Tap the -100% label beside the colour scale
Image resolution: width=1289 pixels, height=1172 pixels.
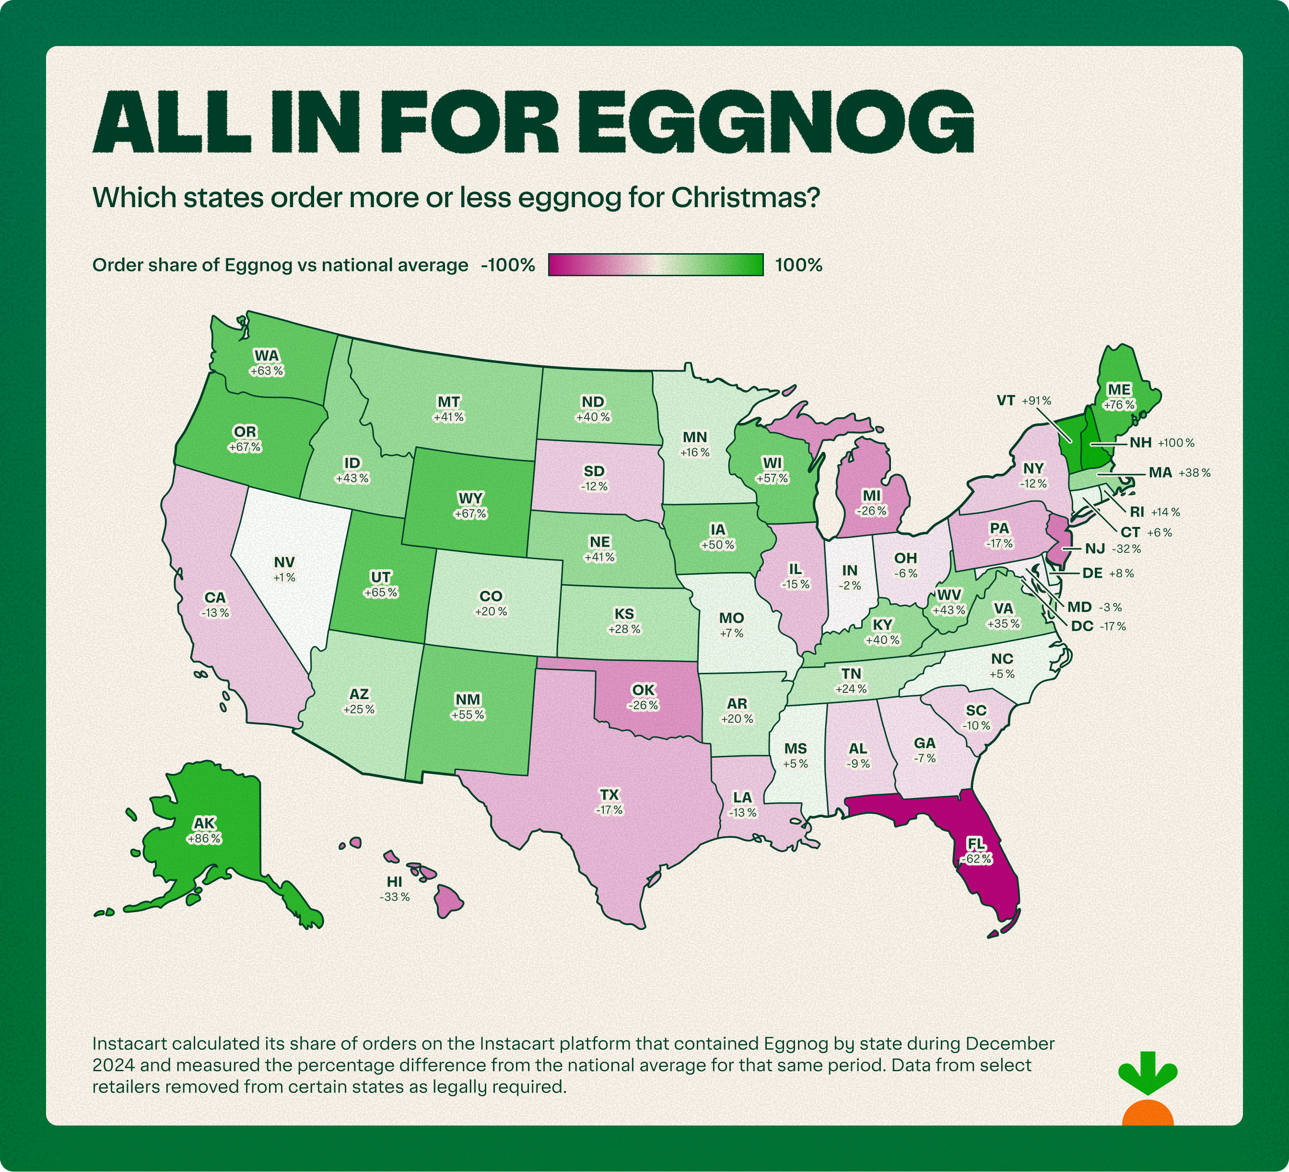[x=508, y=265]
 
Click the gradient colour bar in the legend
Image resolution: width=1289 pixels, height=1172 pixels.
[x=656, y=265]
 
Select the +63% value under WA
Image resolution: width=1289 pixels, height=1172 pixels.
[x=267, y=371]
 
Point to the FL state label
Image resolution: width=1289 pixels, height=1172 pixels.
[x=976, y=844]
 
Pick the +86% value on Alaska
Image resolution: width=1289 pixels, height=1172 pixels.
[x=204, y=838]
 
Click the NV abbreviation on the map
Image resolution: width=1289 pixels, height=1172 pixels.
[x=284, y=562]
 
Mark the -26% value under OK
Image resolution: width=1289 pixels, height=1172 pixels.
[x=643, y=705]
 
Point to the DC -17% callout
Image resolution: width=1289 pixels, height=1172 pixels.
[x=1097, y=626]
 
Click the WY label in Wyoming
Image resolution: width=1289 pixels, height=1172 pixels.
[x=470, y=498]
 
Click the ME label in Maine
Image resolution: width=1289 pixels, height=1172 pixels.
[x=1119, y=389]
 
